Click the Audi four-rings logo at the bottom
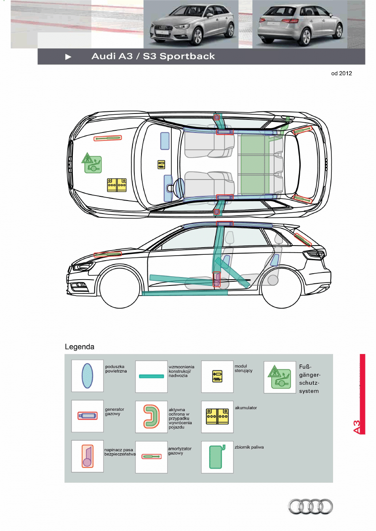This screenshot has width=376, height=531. tap(310, 506)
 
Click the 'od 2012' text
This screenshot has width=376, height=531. tap(341, 73)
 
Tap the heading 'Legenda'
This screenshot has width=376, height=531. tap(80, 347)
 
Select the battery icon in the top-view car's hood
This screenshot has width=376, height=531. tap(117, 185)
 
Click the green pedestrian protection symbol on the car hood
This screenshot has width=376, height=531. tap(92, 163)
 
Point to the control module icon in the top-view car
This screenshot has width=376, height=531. tap(161, 164)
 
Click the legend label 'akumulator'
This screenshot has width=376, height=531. tap(246, 408)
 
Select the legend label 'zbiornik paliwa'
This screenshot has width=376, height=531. tap(249, 447)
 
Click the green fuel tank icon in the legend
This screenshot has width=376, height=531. tap(217, 457)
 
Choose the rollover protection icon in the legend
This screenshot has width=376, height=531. tap(151, 416)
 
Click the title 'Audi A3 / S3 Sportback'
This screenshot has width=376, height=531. tap(153, 56)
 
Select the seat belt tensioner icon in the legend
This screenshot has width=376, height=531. tap(87, 456)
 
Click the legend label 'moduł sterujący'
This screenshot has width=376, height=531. tap(243, 368)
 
